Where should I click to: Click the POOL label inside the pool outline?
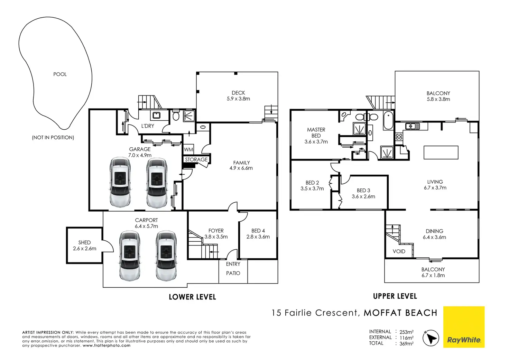point(60,74)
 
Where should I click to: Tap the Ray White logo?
point(464,327)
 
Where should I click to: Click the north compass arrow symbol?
point(431,338)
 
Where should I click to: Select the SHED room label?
point(84,242)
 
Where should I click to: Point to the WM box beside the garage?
point(188,149)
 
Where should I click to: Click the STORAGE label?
point(196,159)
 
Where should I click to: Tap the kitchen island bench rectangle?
point(441,153)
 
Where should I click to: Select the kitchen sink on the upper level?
point(413,126)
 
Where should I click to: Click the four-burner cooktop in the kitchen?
point(399,137)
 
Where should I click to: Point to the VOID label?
point(399,251)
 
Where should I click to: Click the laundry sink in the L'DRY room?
point(156,115)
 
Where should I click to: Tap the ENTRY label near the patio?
point(233,264)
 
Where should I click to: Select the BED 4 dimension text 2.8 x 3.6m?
point(258,237)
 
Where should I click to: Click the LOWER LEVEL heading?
point(193,297)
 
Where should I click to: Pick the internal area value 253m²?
point(407,332)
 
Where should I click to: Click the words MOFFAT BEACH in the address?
point(401,313)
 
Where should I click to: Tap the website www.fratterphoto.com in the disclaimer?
point(107,345)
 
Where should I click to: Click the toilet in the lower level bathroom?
point(176,116)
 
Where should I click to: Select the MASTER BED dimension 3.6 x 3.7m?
point(316,142)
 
